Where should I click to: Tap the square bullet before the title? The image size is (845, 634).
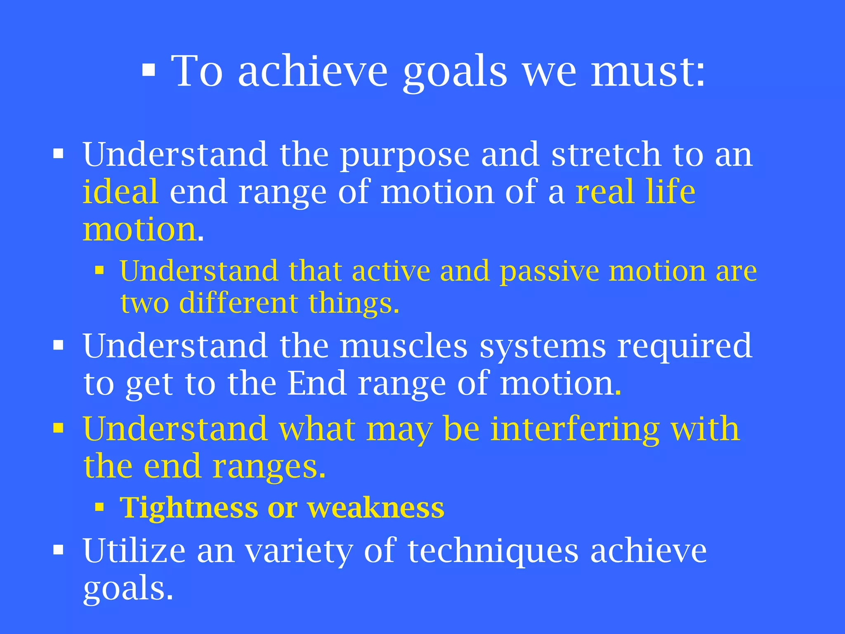[149, 71]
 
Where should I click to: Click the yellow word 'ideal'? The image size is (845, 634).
[120, 192]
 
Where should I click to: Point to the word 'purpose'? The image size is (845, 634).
[405, 155]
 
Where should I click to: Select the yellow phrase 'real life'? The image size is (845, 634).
[635, 192]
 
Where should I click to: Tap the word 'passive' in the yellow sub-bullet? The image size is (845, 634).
[549, 272]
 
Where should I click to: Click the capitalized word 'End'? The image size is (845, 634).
[316, 383]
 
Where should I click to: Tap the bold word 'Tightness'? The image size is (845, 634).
[189, 508]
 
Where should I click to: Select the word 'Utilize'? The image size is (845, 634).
[134, 551]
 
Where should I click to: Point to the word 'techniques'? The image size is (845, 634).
[493, 551]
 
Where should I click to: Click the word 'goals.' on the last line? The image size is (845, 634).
[128, 589]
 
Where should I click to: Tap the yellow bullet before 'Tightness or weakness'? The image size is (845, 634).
[99, 507]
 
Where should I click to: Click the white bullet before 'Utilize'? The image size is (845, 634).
[58, 550]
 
